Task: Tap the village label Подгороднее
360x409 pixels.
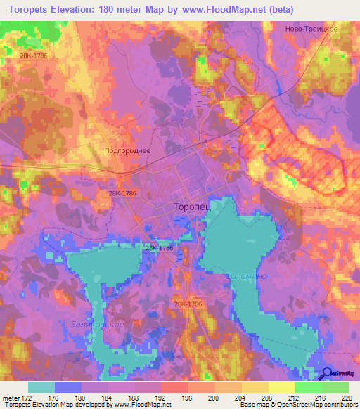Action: tap(127, 150)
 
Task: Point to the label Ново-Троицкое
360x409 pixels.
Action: tap(313, 29)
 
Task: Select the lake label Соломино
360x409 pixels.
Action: tap(246, 276)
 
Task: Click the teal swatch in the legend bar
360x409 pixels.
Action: tap(41, 387)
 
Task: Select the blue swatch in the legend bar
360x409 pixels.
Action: tap(68, 387)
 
